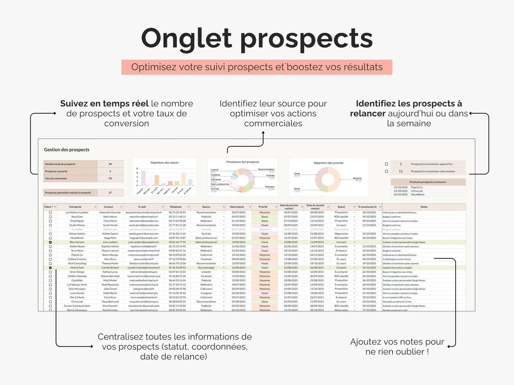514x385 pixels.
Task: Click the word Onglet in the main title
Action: pyautogui.click(x=186, y=38)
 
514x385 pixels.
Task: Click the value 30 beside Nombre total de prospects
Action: pyautogui.click(x=110, y=164)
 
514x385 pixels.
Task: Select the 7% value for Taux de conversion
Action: pyautogui.click(x=110, y=178)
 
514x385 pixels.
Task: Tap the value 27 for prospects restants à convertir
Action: pyautogui.click(x=110, y=193)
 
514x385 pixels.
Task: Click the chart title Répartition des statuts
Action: pyautogui.click(x=164, y=163)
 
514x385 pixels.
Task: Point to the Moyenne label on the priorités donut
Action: pyautogui.click(x=357, y=178)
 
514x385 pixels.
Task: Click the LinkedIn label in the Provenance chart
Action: pyautogui.click(x=215, y=170)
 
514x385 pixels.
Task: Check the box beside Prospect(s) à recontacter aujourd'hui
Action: pyautogui.click(x=386, y=164)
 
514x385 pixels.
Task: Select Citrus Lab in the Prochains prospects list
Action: pyautogui.click(x=417, y=191)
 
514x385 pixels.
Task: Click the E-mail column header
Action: pyautogui.click(x=142, y=207)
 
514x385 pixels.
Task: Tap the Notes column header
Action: pyautogui.click(x=424, y=207)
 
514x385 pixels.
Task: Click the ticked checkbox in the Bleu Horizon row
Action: pyautogui.click(x=50, y=242)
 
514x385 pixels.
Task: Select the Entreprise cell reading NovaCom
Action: pyautogui.click(x=77, y=217)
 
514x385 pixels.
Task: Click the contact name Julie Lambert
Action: pyautogui.click(x=110, y=242)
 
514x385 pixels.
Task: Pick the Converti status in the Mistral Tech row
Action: pyautogui.click(x=341, y=268)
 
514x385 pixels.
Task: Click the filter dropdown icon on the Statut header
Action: pyautogui.click(x=354, y=207)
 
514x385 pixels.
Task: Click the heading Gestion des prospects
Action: pyautogui.click(x=67, y=150)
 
